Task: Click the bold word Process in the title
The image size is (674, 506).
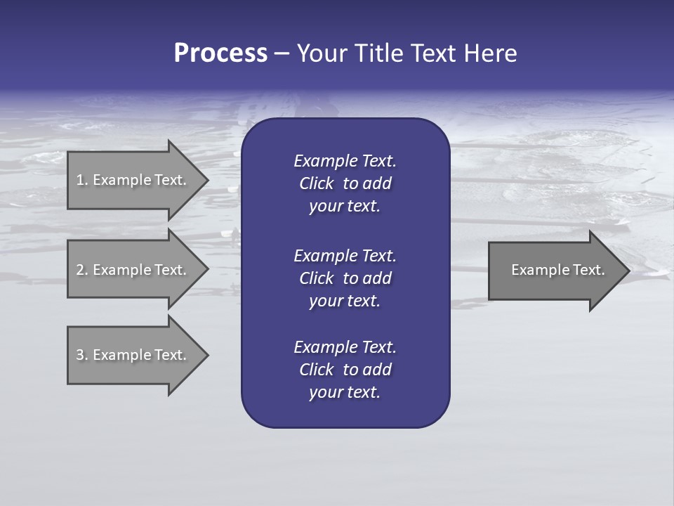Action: pos(220,53)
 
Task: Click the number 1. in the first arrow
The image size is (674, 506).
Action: pos(81,180)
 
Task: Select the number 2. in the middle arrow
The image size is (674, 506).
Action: pos(81,270)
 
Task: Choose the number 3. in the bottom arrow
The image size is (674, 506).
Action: pos(81,356)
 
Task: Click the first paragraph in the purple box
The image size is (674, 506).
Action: pos(345,183)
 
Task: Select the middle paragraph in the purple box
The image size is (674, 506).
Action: pos(345,278)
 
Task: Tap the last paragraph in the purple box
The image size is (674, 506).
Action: pos(345,370)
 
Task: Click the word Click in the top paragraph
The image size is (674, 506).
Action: pos(316,184)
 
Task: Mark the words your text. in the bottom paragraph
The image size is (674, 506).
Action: pos(345,393)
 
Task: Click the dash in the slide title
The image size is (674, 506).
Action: pos(282,54)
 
